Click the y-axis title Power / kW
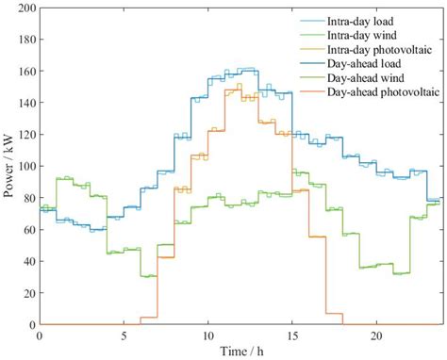click(9, 166)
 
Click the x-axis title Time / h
click(240, 351)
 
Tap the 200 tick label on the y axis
click(25, 8)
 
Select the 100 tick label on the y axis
click(25, 166)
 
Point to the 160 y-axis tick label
click(25, 71)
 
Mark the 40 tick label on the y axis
click(27, 261)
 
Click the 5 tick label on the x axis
click(124, 335)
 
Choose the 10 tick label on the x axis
click(207, 335)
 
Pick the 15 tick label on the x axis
click(292, 335)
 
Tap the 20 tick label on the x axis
click(376, 335)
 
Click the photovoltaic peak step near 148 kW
click(233, 89)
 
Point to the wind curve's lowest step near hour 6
click(148, 275)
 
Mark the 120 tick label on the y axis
click(25, 134)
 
